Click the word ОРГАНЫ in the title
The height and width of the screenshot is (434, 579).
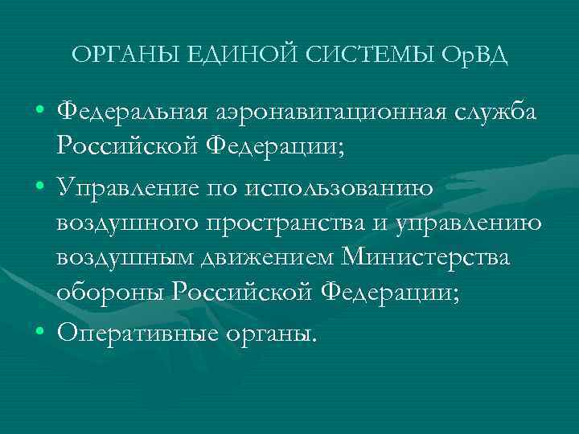click(124, 55)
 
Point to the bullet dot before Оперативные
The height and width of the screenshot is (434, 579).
click(39, 330)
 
